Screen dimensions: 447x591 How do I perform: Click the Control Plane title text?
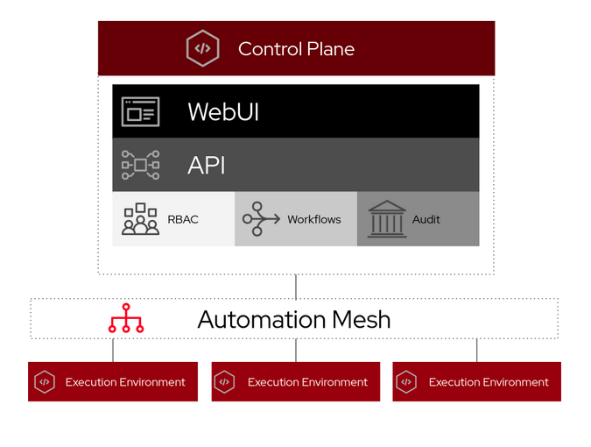pyautogui.click(x=296, y=49)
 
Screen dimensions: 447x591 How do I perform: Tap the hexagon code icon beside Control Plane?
pyautogui.click(x=202, y=49)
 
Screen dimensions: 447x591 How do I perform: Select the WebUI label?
pyautogui.click(x=223, y=112)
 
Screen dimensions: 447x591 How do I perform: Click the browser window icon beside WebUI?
pyautogui.click(x=140, y=112)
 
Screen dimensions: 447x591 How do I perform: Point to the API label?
pyautogui.click(x=207, y=165)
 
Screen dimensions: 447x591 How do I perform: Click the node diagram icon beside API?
pyautogui.click(x=140, y=165)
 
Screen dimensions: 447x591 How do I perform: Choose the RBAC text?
pyautogui.click(x=183, y=219)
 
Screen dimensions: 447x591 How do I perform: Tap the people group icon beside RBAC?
pyautogui.click(x=140, y=219)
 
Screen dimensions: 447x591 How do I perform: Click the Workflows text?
pyautogui.click(x=314, y=219)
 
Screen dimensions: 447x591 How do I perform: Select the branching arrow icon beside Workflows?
pyautogui.click(x=261, y=219)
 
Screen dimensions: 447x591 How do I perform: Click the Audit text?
pyautogui.click(x=426, y=219)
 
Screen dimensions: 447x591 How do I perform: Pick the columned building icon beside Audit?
pyautogui.click(x=386, y=219)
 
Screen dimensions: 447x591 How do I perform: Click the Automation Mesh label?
pyautogui.click(x=294, y=319)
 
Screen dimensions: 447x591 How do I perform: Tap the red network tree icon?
pyautogui.click(x=126, y=319)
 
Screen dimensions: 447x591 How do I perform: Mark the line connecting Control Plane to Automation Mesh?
pyautogui.click(x=296, y=287)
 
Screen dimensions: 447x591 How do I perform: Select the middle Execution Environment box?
pyautogui.click(x=296, y=382)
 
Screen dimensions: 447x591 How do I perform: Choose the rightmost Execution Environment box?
pyautogui.click(x=477, y=382)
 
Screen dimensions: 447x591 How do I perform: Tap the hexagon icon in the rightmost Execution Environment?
pyautogui.click(x=406, y=382)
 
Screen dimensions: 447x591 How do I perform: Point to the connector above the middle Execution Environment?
pyautogui.click(x=296, y=351)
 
